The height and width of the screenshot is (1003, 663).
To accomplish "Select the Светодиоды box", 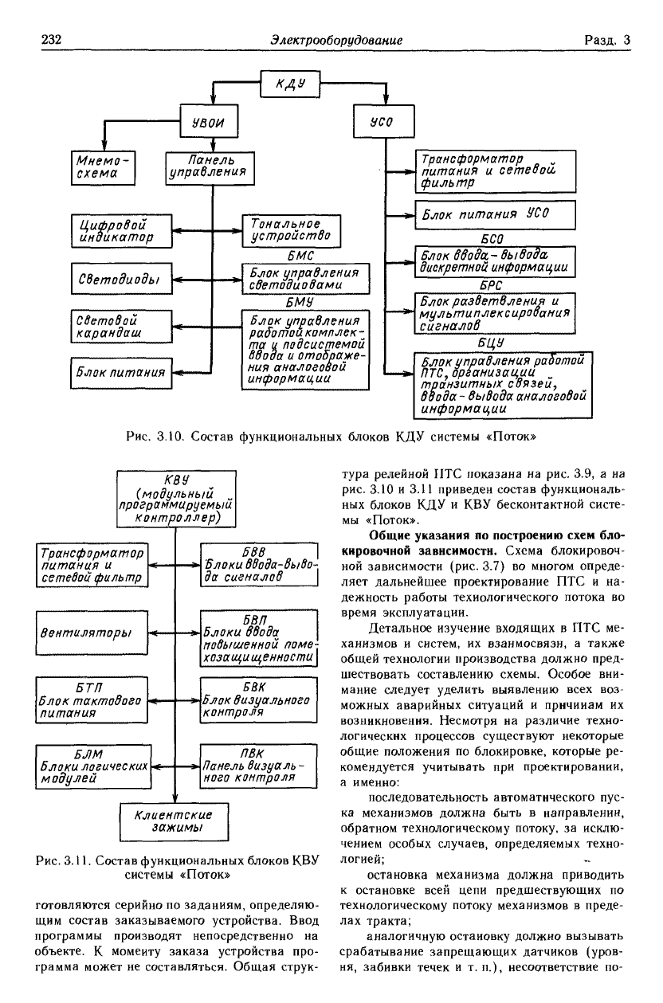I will [x=122, y=279].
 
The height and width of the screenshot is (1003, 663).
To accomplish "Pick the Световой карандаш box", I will [x=122, y=324].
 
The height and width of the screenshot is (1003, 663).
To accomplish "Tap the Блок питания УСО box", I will [x=495, y=215].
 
